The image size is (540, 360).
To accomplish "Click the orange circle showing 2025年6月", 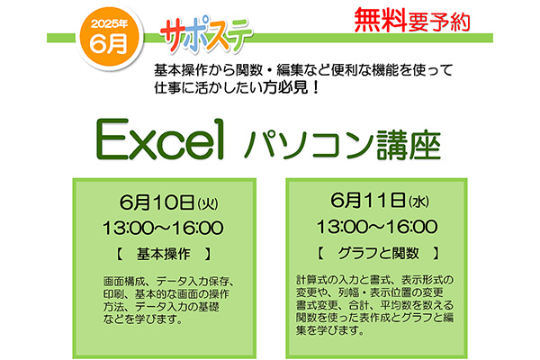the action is tap(109, 37).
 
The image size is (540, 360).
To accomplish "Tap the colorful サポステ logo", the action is tap(206, 35).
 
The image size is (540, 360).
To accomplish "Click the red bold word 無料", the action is tap(380, 21).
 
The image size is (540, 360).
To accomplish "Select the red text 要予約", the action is tap(439, 22).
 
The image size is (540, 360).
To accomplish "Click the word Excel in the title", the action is tap(160, 139).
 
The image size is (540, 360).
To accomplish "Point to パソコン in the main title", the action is tap(309, 144).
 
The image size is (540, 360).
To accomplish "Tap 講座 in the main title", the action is tap(409, 145).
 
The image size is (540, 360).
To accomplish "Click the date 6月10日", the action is tap(157, 202).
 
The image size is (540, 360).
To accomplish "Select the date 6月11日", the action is tap(368, 200).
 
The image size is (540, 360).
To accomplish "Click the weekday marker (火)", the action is tap(208, 203).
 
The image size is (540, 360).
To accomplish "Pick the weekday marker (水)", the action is tap(418, 202).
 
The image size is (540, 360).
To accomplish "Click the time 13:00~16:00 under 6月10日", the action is tap(163, 228).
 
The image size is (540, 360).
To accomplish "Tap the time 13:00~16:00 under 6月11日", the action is tap(377, 227).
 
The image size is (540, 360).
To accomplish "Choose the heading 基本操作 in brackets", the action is tap(163, 254).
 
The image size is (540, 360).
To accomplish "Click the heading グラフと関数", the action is tap(378, 253).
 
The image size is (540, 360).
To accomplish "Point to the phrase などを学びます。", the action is tap(142, 319).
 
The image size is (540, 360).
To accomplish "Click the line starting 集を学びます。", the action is tap(330, 330).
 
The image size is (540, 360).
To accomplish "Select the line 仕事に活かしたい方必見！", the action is tap(238, 88).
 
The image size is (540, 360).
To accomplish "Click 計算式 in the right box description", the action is tap(311, 279).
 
